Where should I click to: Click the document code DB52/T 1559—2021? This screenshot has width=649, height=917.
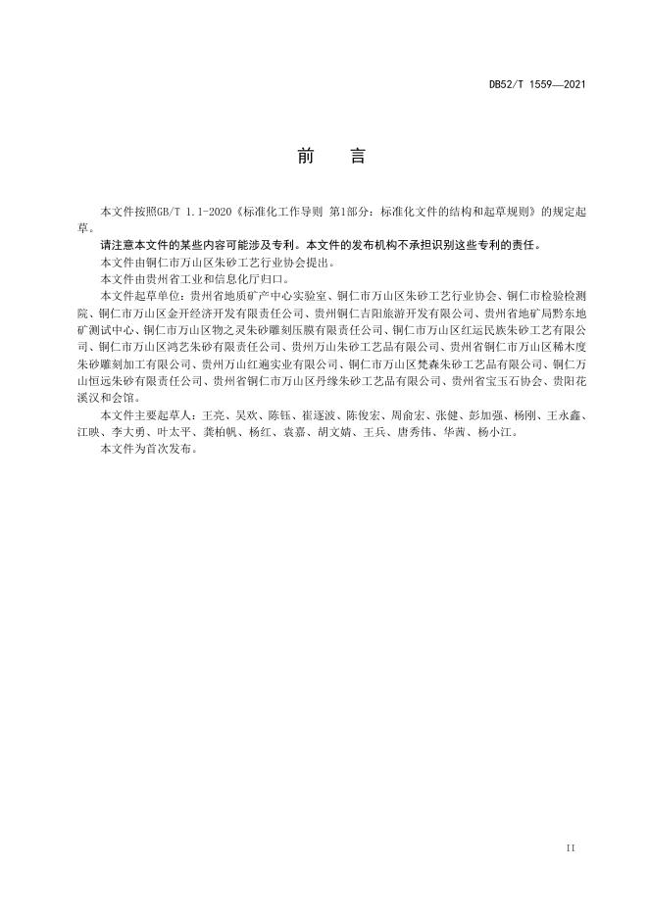(x=537, y=85)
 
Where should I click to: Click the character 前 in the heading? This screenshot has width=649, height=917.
(x=303, y=157)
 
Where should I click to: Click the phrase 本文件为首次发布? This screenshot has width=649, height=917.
(x=147, y=446)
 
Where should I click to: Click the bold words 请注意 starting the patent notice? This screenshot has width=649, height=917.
(x=116, y=245)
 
